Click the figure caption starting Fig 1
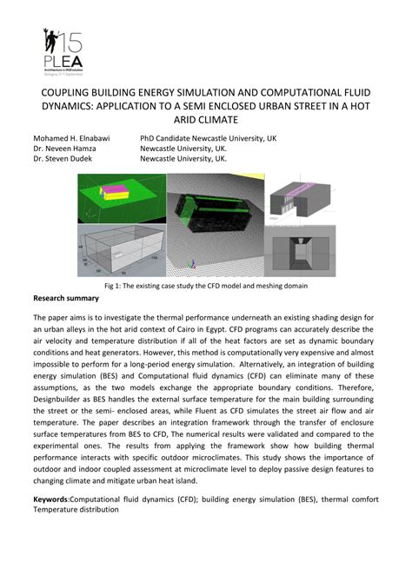pos(205,286)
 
